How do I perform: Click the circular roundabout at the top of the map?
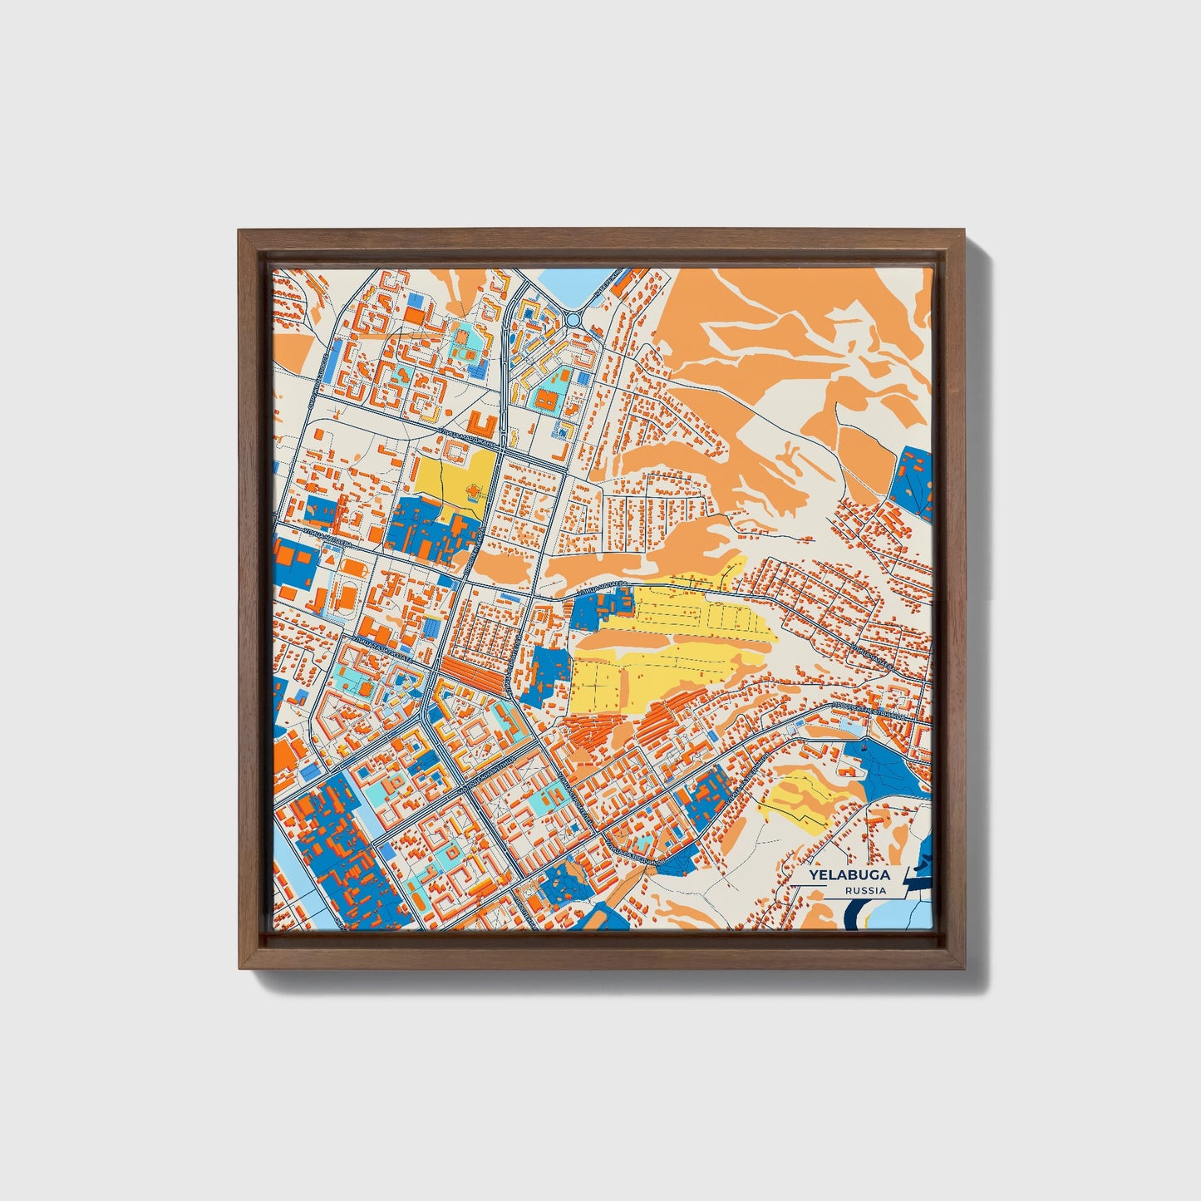(x=573, y=318)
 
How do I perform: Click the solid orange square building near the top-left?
(x=413, y=315)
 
